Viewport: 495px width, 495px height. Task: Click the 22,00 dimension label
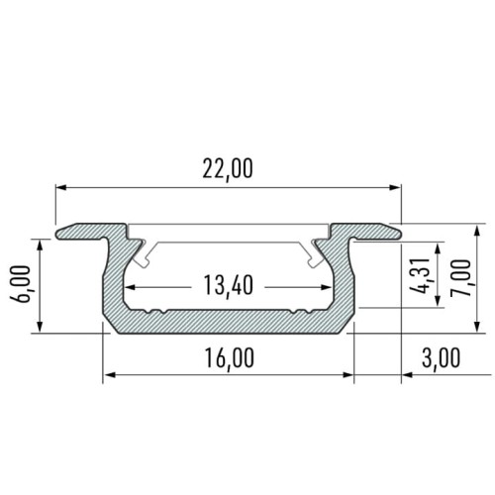[227, 169]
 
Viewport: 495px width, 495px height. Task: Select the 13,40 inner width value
[227, 286]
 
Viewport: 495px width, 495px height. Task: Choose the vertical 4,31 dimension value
[423, 274]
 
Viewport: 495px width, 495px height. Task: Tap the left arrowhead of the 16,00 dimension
[109, 374]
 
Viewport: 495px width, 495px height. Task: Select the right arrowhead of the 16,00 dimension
[348, 374]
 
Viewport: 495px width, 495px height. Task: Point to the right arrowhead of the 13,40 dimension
[328, 288]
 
